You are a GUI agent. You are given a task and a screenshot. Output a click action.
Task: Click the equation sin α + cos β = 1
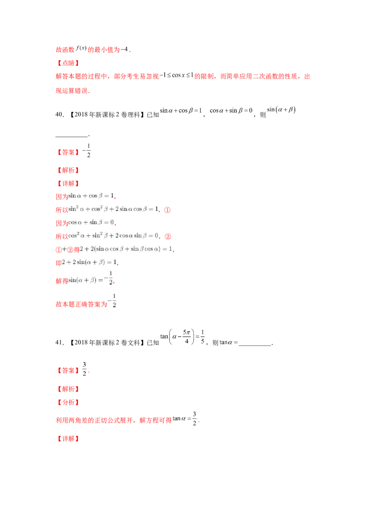pyautogui.click(x=90, y=196)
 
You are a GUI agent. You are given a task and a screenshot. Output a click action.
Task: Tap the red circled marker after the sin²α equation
pyautogui.click(x=167, y=210)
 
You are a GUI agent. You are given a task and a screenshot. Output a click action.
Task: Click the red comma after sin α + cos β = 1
pyautogui.click(x=116, y=198)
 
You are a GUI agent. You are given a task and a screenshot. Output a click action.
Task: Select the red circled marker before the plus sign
pyautogui.click(x=58, y=250)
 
